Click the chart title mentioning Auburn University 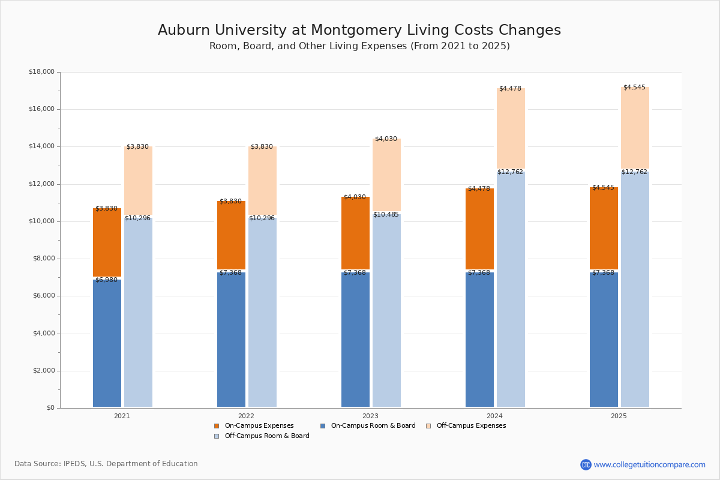[x=359, y=31]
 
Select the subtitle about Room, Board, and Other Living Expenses [x=359, y=46]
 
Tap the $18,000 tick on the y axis [x=41, y=72]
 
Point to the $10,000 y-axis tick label [x=41, y=221]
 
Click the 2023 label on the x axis [x=370, y=416]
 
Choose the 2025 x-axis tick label [x=619, y=416]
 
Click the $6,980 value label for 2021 [x=106, y=280]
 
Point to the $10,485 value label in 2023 [x=386, y=215]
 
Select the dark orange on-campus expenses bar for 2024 [x=479, y=228]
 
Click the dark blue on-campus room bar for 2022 [x=231, y=339]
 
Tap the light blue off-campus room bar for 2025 [x=635, y=288]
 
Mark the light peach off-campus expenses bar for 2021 [x=138, y=180]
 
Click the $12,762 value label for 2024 [x=510, y=172]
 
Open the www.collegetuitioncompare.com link [x=649, y=465]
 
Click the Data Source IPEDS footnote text [x=106, y=464]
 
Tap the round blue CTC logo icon [x=586, y=465]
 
